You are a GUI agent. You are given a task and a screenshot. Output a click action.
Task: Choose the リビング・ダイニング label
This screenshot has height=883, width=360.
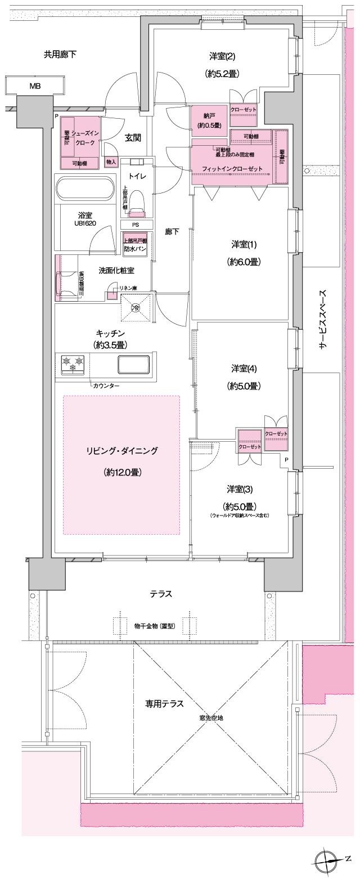click(x=122, y=450)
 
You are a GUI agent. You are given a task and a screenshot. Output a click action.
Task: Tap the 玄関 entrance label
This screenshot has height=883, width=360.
click(x=133, y=137)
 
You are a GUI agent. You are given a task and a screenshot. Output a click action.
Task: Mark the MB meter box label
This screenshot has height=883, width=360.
click(x=35, y=86)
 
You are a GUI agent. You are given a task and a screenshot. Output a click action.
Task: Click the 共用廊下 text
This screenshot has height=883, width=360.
click(x=60, y=55)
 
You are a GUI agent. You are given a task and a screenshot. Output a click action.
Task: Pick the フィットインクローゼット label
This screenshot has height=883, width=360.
click(x=233, y=168)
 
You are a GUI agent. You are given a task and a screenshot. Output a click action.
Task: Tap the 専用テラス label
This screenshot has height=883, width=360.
click(x=165, y=703)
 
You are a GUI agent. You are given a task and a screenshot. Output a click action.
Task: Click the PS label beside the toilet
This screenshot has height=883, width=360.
click(x=135, y=225)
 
